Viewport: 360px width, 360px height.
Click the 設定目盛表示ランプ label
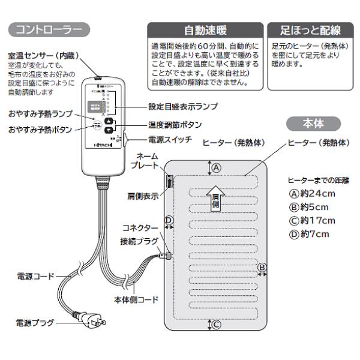pyautogui.click(x=183, y=106)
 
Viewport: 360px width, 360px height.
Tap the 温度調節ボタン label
pyautogui.click(x=175, y=125)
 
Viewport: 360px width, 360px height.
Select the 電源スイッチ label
pyautogui.click(x=171, y=140)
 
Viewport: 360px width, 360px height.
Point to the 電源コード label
pyautogui.click(x=34, y=277)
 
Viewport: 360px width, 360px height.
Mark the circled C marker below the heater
pyautogui.click(x=217, y=325)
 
